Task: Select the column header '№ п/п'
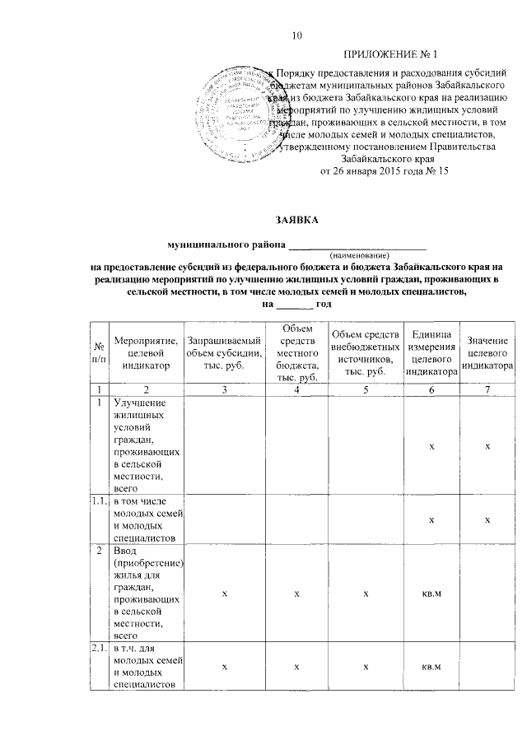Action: [99, 352]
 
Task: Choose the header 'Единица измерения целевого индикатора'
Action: [431, 352]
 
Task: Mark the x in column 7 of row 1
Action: [487, 445]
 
